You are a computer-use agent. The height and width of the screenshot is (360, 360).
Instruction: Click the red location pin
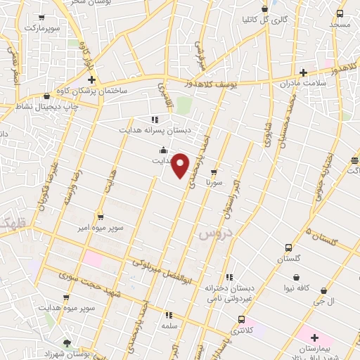tap(181, 165)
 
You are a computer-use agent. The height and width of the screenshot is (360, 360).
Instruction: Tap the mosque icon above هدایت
tap(163, 149)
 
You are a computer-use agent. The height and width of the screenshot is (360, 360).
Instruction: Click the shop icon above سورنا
tap(214, 171)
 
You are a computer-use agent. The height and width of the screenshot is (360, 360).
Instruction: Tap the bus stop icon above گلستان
tap(289, 248)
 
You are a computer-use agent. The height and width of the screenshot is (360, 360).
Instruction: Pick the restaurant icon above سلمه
tap(168, 315)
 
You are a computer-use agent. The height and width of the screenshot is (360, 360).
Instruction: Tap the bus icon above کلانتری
tap(233, 319)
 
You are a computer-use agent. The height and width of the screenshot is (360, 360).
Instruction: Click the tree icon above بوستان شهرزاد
tap(66, 342)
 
